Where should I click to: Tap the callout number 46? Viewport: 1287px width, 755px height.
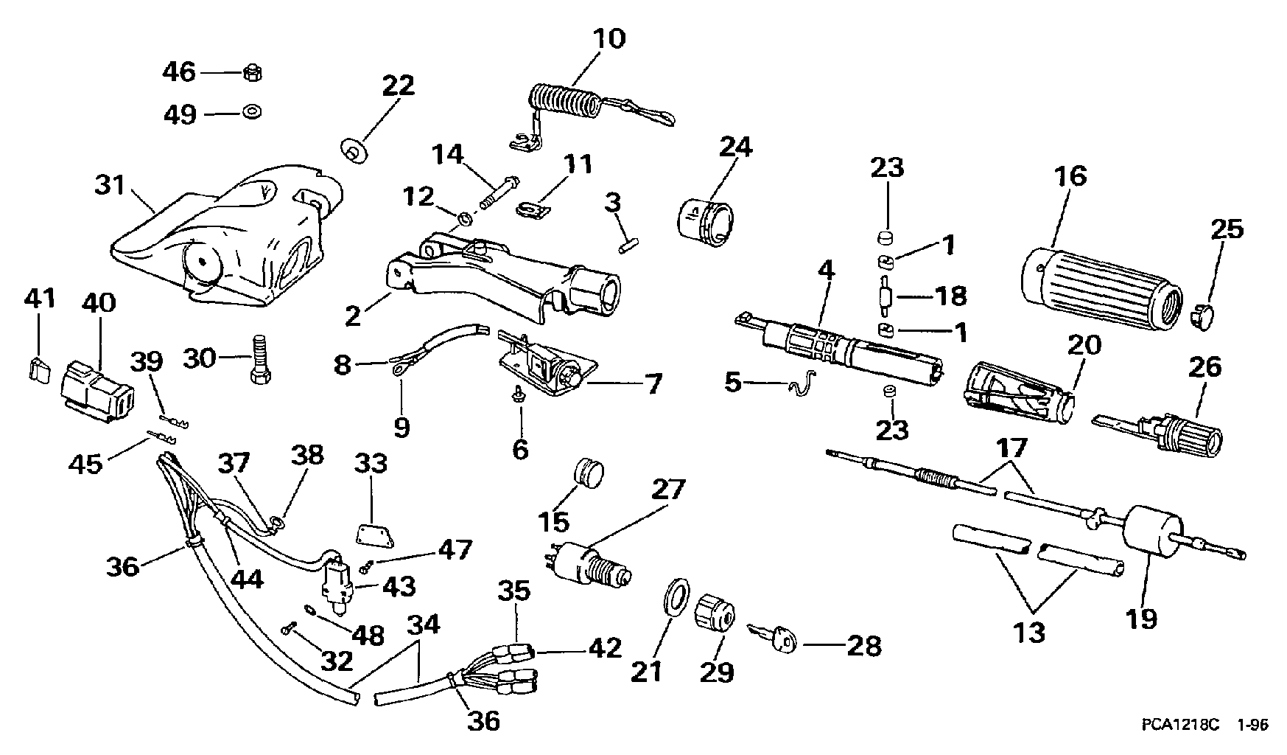[179, 72]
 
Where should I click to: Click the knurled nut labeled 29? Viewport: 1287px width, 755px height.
[715, 611]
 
